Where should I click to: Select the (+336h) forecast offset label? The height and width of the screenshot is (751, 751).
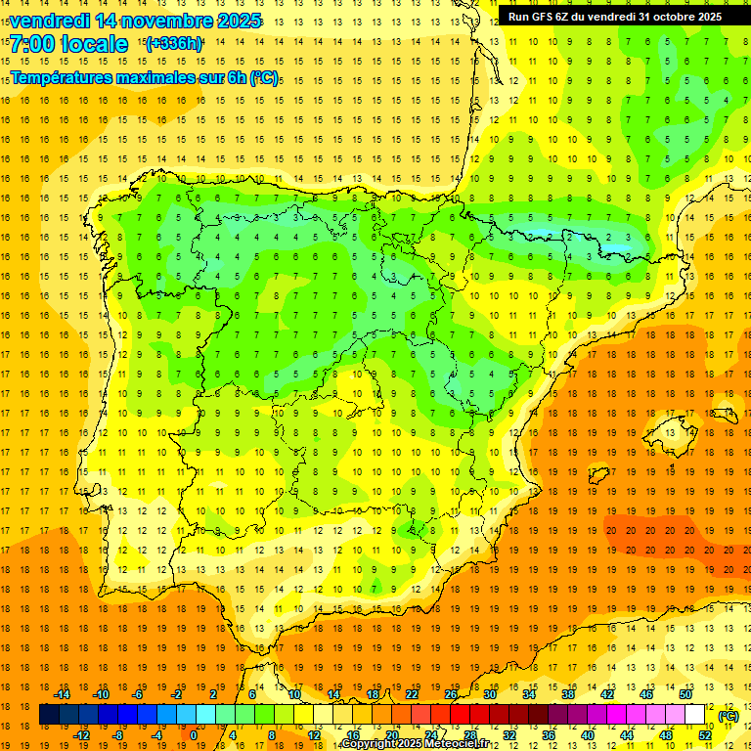[x=174, y=43]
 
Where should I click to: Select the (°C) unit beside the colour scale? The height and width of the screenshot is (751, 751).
[x=729, y=716]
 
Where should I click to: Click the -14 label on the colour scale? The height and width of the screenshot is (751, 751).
[x=62, y=694]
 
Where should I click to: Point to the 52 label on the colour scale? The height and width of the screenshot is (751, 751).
[x=705, y=735]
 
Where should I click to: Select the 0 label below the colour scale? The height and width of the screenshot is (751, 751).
[x=194, y=735]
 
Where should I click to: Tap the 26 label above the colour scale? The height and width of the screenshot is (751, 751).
[x=451, y=694]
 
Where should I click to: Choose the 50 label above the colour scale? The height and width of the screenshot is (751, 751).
[x=685, y=694]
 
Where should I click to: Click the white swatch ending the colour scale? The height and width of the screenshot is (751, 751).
[x=695, y=715]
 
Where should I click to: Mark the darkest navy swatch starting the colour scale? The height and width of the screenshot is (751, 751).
[x=50, y=715]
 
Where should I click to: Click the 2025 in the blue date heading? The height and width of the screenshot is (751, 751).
[x=234, y=21]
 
